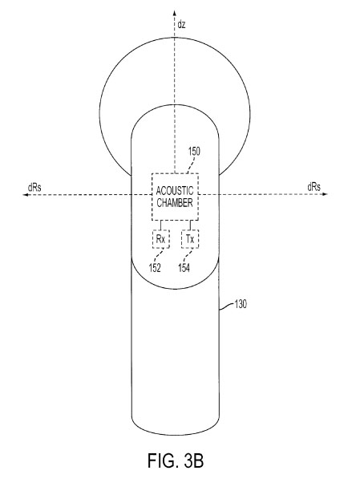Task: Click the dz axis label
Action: [181, 25]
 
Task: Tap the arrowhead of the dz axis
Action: [174, 13]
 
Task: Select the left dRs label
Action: [34, 188]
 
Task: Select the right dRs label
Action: [313, 187]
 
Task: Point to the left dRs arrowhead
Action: [25, 195]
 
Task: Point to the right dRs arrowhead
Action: [325, 194]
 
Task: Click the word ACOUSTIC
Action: [175, 191]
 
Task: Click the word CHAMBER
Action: [175, 203]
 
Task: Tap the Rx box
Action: [161, 239]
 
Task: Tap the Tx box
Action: [190, 239]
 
